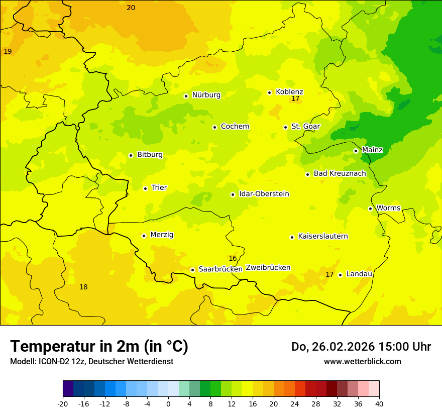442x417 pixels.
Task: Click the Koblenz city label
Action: tap(289, 92)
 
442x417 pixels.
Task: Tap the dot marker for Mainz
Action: tap(356, 151)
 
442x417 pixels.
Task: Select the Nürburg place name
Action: tap(206, 95)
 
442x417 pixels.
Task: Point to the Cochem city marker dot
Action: tap(214, 127)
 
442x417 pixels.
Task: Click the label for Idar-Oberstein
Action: tap(264, 194)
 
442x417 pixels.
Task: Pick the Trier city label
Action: tap(159, 188)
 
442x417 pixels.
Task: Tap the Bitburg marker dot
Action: tap(131, 155)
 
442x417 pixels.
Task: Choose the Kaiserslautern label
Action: tap(322, 237)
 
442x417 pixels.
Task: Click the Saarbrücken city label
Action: tap(220, 269)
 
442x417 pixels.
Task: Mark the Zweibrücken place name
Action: tap(268, 268)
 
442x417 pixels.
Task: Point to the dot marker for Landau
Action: tap(340, 275)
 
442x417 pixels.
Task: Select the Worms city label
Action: tap(388, 208)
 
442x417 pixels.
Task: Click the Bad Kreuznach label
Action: tap(340, 174)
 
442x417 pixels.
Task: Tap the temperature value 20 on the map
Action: tap(131, 8)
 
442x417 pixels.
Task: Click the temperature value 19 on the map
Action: tap(8, 52)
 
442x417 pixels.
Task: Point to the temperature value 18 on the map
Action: tap(83, 287)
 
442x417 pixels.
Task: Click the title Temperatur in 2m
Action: tap(99, 347)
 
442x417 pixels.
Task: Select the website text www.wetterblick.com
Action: tap(362, 362)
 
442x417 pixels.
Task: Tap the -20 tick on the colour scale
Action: tap(63, 404)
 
